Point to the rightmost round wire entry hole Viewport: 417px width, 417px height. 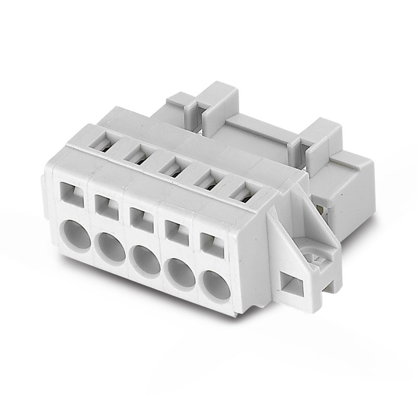pyautogui.click(x=216, y=284)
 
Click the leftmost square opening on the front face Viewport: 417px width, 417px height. pyautogui.click(x=72, y=193)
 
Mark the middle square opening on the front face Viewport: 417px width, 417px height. pyautogui.click(x=141, y=217)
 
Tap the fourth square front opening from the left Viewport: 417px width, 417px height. pyautogui.click(x=177, y=230)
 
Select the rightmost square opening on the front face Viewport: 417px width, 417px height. pyautogui.click(x=212, y=243)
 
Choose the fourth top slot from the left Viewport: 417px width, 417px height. pyautogui.click(x=208, y=180)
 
